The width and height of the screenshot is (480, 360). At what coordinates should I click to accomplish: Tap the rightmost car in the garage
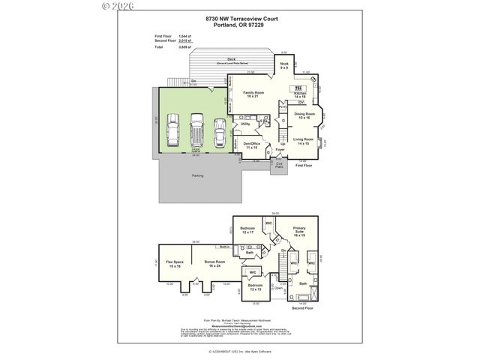[220, 131]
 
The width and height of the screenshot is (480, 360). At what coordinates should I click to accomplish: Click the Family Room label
[255, 94]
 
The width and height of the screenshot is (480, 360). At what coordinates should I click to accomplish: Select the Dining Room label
[304, 115]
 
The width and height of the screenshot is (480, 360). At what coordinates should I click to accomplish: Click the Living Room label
[303, 141]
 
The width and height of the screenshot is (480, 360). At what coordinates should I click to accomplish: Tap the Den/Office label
[250, 145]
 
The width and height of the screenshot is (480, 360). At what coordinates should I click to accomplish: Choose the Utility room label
[244, 124]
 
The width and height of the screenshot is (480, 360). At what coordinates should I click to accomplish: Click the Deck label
[232, 58]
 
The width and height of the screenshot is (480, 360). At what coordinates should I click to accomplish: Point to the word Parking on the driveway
[197, 175]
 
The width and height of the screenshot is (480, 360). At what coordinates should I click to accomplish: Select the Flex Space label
[175, 263]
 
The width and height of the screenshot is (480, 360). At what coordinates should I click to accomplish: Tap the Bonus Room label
[214, 263]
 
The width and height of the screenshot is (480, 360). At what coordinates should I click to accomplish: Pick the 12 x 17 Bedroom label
[248, 230]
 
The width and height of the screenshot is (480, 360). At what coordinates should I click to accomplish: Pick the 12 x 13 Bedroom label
[255, 287]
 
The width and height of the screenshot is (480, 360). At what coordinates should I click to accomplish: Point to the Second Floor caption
[303, 307]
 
